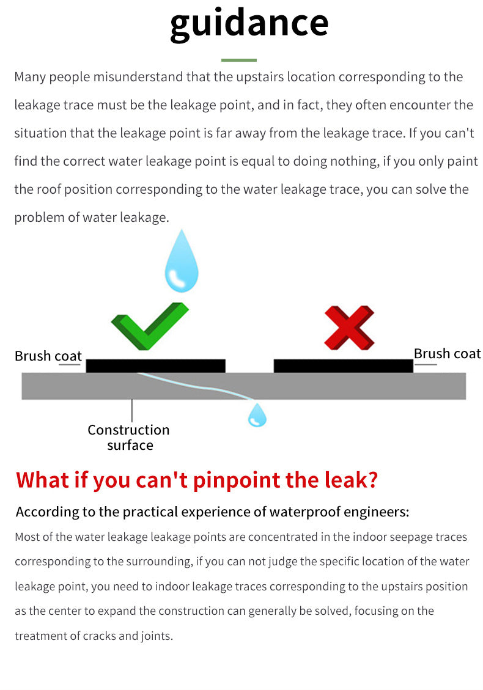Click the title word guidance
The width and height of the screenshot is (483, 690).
249,24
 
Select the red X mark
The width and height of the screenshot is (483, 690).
349,328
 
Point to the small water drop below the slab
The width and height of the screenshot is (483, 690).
257,415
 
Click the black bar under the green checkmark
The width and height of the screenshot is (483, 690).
155,366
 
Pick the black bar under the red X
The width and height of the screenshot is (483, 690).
344,366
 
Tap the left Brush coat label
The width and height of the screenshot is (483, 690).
48,356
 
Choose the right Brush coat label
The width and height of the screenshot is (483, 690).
448,353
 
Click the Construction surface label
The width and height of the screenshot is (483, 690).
128,438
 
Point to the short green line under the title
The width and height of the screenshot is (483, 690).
239,60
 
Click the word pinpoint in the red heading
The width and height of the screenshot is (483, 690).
237,480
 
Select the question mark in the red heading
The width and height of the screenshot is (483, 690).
372,480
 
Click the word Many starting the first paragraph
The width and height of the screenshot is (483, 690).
30,77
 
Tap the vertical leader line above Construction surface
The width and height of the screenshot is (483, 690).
131,411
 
